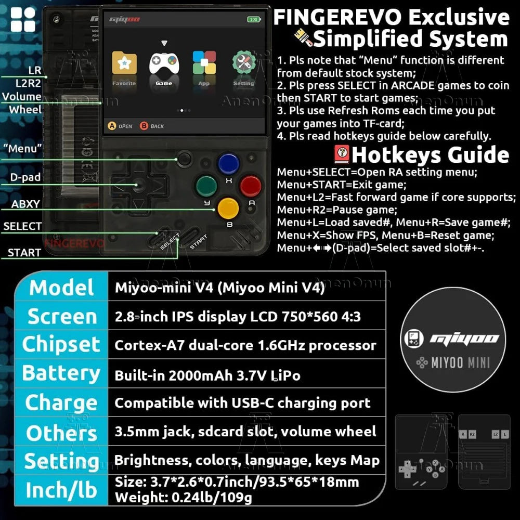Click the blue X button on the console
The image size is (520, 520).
click(228, 163)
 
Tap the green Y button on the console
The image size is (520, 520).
click(206, 186)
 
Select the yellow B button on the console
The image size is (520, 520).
click(228, 209)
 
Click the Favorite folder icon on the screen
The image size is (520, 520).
click(124, 62)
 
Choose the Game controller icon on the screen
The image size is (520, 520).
click(164, 63)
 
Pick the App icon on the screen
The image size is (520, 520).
click(204, 62)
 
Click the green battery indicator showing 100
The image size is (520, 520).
click(254, 19)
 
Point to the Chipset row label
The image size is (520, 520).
click(61, 345)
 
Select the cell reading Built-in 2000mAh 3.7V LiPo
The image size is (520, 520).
click(207, 375)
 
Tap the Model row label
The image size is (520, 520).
click(61, 287)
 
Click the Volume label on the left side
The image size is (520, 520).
click(21, 97)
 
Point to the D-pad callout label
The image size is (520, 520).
click(25, 177)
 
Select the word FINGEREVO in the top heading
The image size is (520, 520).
click(338, 17)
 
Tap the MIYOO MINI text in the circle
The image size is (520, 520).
click(461, 363)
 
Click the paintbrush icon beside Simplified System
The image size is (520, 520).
click(303, 37)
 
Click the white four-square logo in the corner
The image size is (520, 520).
click(23, 20)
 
